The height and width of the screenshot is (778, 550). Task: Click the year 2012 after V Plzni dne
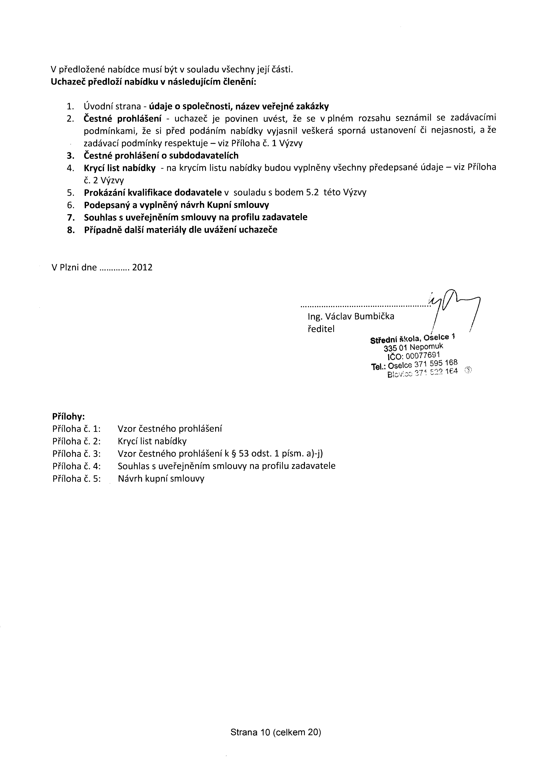142,268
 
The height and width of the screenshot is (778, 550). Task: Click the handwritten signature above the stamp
454,305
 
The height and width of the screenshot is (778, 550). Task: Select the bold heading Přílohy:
68,416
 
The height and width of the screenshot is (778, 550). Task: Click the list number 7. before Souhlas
71,217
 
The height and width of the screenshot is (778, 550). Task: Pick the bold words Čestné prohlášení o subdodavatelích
161,155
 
